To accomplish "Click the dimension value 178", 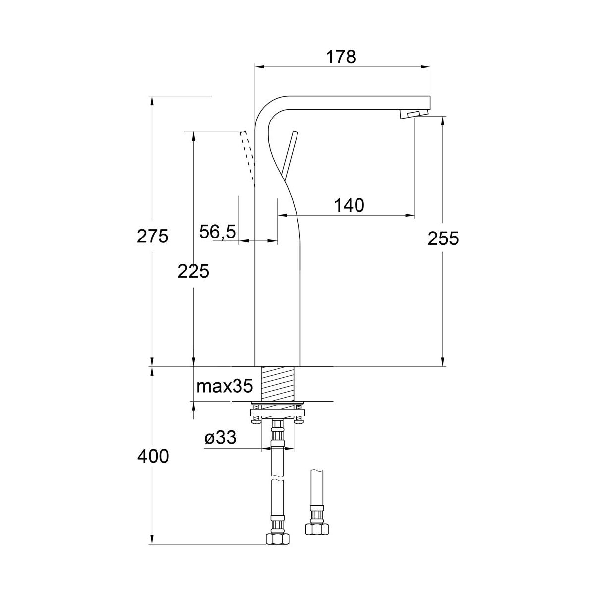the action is click(x=341, y=57).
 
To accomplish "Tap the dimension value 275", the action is click(x=153, y=237).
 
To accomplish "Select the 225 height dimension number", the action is click(x=193, y=272).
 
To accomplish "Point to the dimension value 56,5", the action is click(x=217, y=232).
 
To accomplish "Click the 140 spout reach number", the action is click(x=349, y=205).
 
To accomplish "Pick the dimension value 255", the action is click(x=443, y=238).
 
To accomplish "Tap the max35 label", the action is click(x=225, y=386).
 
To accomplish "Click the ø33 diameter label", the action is click(x=221, y=438).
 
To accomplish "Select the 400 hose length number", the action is click(x=153, y=456).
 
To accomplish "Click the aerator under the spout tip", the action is click(x=415, y=114).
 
